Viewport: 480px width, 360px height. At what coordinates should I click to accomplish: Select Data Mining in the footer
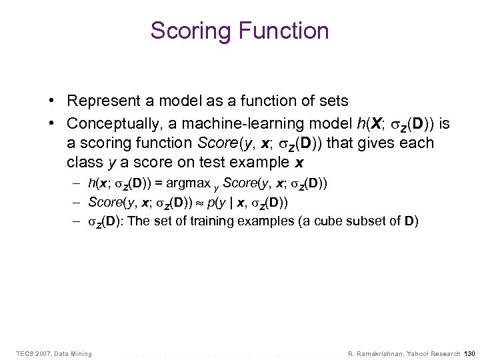(x=74, y=353)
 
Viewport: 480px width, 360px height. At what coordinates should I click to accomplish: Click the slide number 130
(x=469, y=353)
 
